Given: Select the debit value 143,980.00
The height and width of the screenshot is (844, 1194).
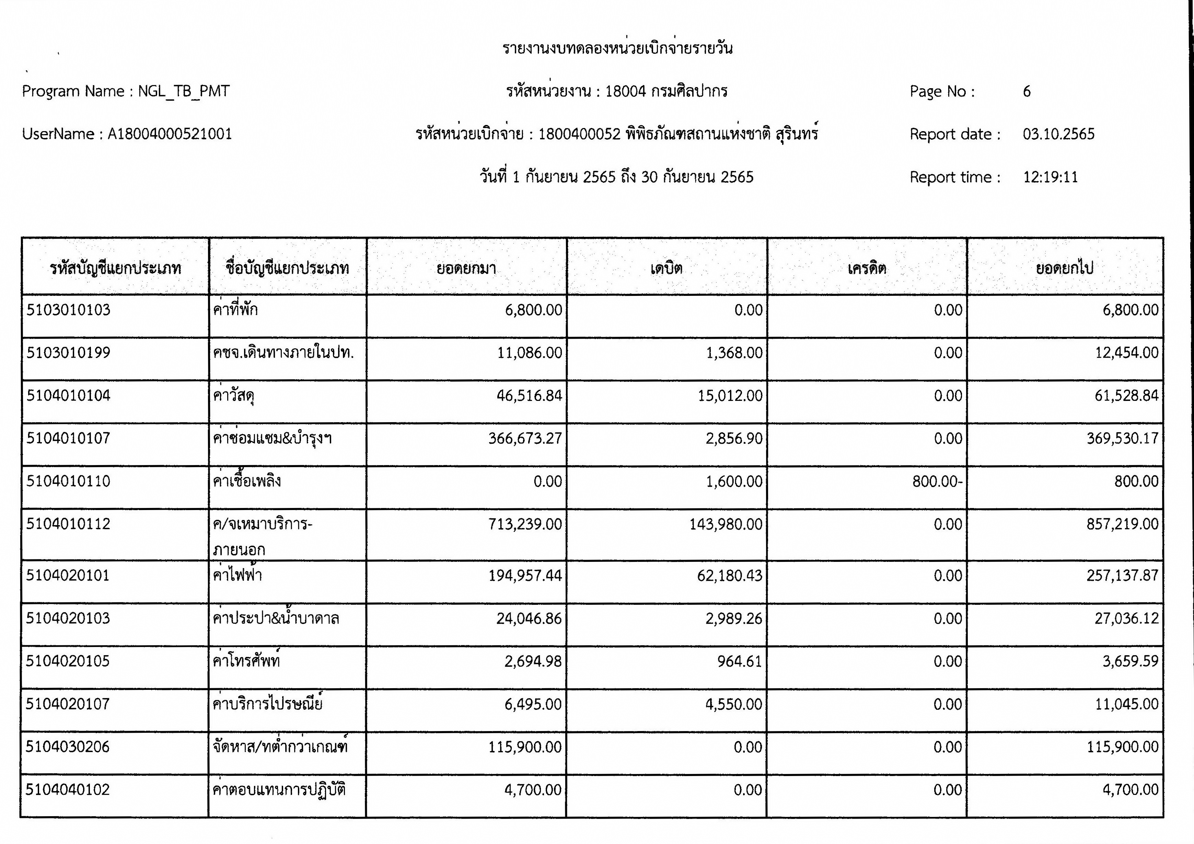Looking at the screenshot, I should click(726, 524).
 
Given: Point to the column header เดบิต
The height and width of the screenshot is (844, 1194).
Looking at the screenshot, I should click(666, 268).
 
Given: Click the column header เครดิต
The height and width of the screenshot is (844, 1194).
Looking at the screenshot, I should click(866, 268).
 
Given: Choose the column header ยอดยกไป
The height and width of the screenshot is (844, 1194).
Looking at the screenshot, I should click(1065, 268).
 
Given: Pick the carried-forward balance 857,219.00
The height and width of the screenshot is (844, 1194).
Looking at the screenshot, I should click(1122, 524).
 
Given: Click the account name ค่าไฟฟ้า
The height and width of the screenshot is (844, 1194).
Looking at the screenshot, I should click(237, 576).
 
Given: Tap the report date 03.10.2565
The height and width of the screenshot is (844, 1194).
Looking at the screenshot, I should click(1058, 134).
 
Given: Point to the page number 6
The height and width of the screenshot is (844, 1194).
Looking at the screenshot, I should click(1027, 92).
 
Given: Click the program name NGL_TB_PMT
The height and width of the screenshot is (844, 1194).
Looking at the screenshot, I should click(184, 92).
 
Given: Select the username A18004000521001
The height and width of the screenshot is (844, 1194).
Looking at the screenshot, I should click(170, 134).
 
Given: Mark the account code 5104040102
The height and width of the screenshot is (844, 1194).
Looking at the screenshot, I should click(68, 790).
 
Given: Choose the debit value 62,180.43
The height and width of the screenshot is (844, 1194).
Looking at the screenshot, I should click(730, 576).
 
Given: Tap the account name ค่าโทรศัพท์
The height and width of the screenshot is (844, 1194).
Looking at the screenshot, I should click(246, 661).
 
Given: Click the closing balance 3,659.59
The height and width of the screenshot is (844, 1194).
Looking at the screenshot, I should click(1130, 661).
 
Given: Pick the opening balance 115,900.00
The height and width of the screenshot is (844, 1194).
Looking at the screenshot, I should click(525, 747).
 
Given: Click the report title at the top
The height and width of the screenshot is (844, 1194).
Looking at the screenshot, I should click(617, 48).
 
